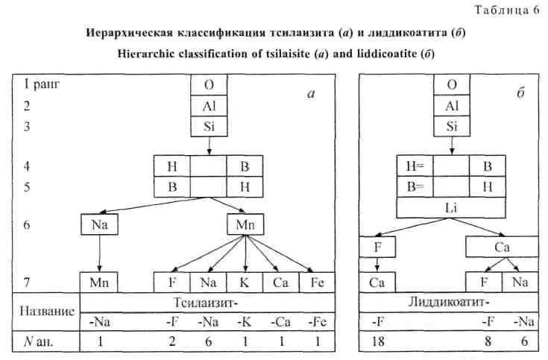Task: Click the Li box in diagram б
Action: (x=451, y=208)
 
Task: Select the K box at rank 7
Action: (x=245, y=282)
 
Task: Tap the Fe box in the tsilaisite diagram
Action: (x=317, y=282)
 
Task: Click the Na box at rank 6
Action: (x=99, y=224)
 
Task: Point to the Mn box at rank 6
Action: (x=245, y=224)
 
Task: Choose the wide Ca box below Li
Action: (x=502, y=247)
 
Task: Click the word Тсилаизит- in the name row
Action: (x=207, y=303)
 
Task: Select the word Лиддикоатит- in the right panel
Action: (x=450, y=302)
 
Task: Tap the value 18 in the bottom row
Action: (x=378, y=341)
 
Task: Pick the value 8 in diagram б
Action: (x=488, y=341)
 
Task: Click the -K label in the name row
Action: (x=245, y=321)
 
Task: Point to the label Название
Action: (x=47, y=311)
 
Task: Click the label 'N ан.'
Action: (x=39, y=341)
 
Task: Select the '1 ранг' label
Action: (x=42, y=84)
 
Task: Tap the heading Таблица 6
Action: (x=507, y=10)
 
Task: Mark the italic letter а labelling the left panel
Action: (x=311, y=94)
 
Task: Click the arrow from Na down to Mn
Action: (x=100, y=253)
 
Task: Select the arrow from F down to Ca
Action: (x=377, y=265)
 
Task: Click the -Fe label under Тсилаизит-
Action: (x=318, y=321)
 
